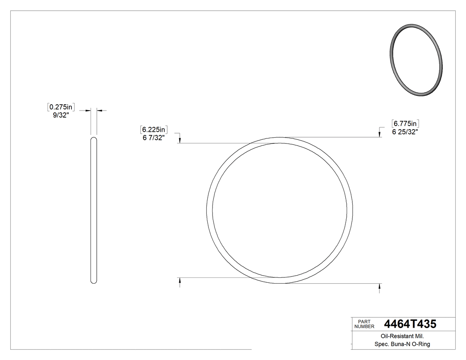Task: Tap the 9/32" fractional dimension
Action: tap(60, 115)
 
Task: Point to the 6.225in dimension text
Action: tap(154, 130)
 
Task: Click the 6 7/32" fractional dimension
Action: tap(154, 138)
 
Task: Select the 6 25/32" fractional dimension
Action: tap(405, 131)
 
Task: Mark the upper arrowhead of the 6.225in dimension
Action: tap(180, 140)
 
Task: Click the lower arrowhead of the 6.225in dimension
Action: tap(180, 281)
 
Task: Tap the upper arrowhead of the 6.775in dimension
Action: tap(379, 135)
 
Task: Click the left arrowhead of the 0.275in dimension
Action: tap(89, 110)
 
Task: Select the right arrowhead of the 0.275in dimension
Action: tap(99, 110)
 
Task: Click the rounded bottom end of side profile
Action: tap(94, 281)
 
